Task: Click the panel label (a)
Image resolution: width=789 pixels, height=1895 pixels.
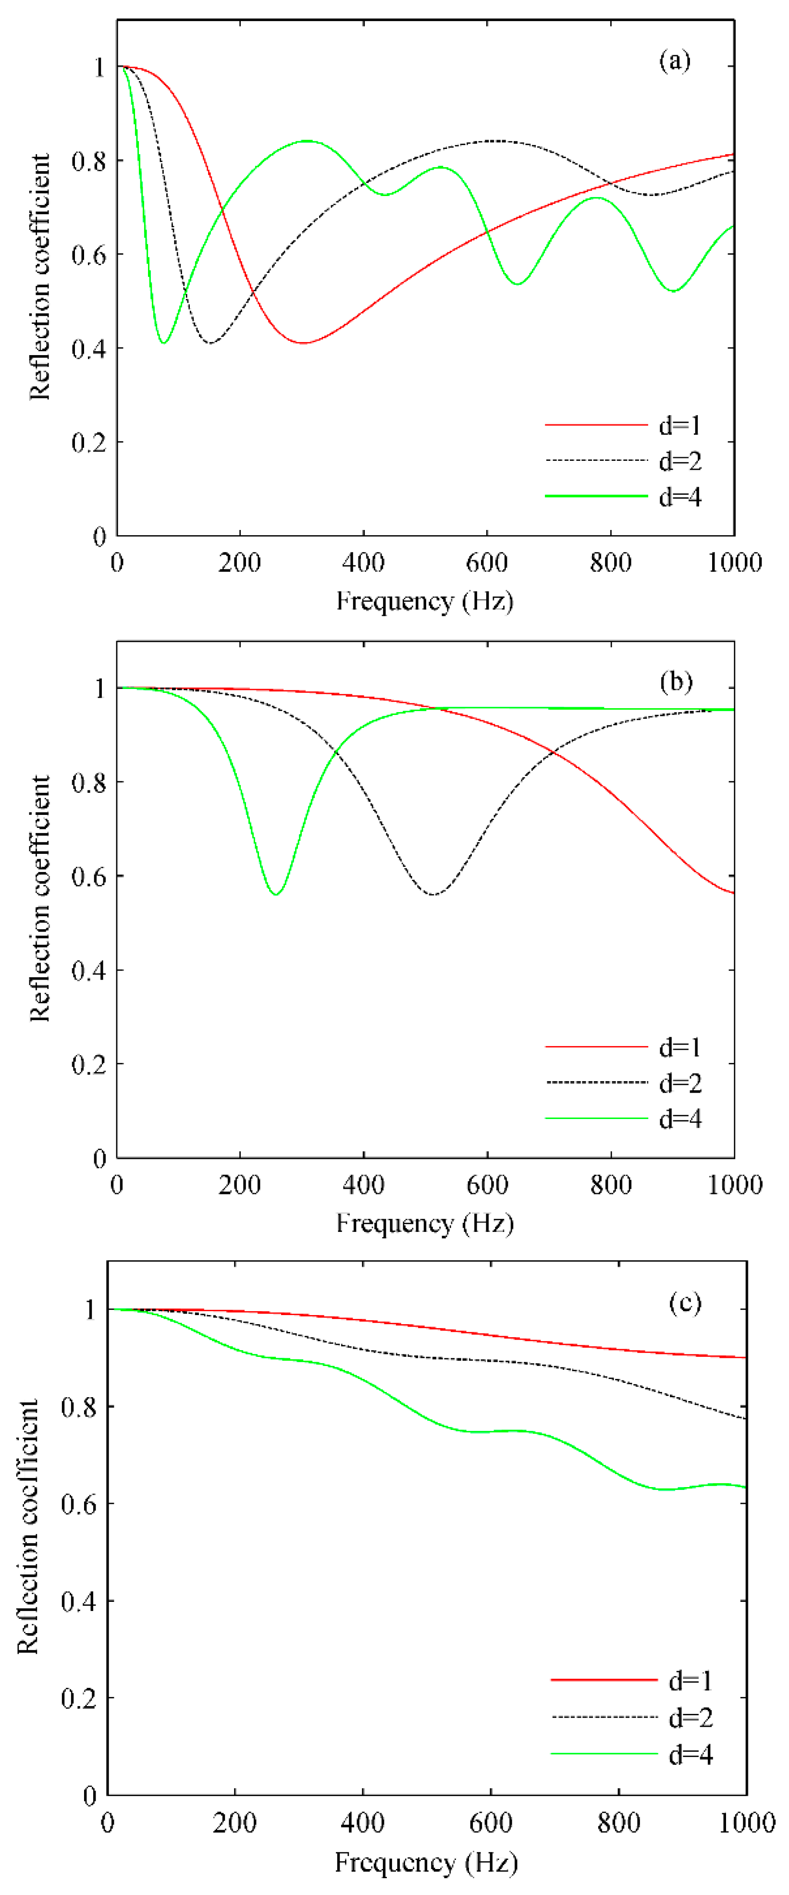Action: (674, 61)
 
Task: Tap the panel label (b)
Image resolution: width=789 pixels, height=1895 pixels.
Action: (676, 681)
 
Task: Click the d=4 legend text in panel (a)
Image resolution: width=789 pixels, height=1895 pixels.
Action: (680, 497)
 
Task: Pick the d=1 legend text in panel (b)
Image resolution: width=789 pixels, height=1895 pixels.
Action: (680, 1047)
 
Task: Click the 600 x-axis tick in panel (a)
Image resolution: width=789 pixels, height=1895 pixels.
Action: (486, 563)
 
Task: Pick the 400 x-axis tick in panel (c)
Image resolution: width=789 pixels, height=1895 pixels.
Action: (362, 1823)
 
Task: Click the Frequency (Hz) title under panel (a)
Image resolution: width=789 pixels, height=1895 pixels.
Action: (425, 601)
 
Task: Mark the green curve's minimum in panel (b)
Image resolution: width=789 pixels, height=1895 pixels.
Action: (276, 894)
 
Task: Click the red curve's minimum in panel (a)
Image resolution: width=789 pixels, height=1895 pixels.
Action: (303, 343)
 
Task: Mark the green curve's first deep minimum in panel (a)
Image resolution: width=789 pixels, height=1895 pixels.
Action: (164, 342)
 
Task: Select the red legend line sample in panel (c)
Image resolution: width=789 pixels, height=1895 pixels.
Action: (604, 1680)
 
